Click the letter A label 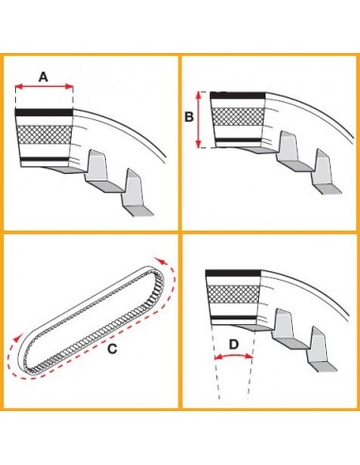click(x=43, y=75)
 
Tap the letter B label click(x=189, y=119)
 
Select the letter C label click(x=111, y=350)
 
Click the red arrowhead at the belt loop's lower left click(x=16, y=337)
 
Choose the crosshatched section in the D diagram click(x=233, y=294)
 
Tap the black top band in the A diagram click(x=44, y=112)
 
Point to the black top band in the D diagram click(x=232, y=273)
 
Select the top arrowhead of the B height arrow click(x=198, y=95)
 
